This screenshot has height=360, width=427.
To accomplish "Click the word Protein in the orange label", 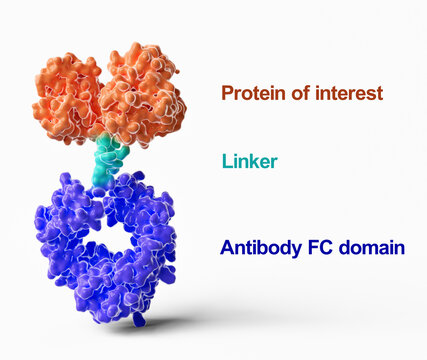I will (x=250, y=94).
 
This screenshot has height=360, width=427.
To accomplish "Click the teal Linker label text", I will (x=249, y=161).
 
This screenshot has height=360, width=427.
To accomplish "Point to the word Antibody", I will (x=256, y=248).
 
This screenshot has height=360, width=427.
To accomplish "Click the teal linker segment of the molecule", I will (x=110, y=160).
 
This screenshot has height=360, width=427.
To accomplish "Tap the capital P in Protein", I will (x=227, y=94).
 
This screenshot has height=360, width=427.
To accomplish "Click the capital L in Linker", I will (x=225, y=161).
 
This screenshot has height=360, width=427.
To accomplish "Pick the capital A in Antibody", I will (x=226, y=248).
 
